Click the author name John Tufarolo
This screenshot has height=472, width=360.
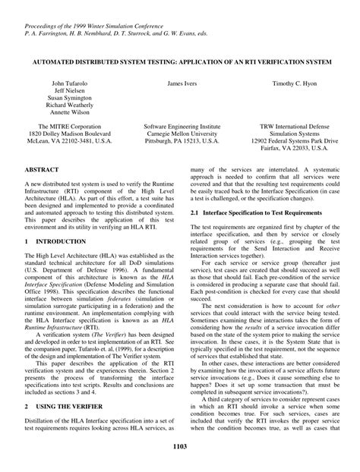click(69, 82)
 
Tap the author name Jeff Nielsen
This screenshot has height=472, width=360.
click(69, 90)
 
